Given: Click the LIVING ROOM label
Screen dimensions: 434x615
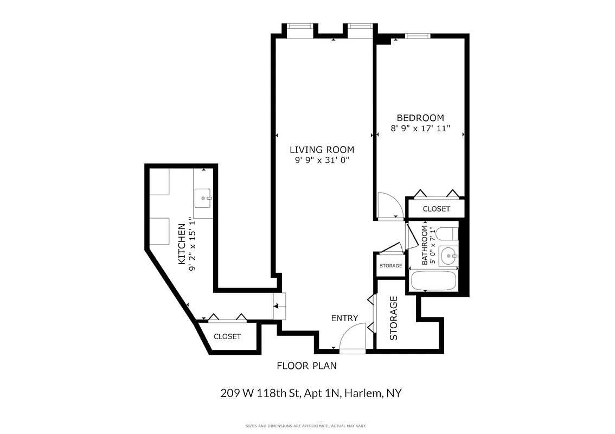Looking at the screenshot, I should (322, 150).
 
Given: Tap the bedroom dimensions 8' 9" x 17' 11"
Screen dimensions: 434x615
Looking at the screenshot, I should (421, 129).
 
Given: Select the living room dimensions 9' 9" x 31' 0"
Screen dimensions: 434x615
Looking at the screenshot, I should (322, 161).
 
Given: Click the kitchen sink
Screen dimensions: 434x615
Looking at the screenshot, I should (203, 199).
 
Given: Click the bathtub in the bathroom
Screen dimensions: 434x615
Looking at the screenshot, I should (434, 280).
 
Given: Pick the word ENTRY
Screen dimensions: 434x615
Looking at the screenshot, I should (345, 318).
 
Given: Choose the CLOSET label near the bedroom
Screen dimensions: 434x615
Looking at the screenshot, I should (436, 209).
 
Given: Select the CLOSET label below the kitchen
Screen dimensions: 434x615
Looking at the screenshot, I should (227, 336).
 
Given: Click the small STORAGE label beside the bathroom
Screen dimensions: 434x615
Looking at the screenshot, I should (390, 266).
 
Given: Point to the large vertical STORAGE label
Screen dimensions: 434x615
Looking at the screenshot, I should (394, 318).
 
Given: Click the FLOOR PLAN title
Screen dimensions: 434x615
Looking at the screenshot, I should (306, 366).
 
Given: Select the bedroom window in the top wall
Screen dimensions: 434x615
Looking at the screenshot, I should (417, 36).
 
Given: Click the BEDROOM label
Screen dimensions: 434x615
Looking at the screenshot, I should (420, 118).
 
